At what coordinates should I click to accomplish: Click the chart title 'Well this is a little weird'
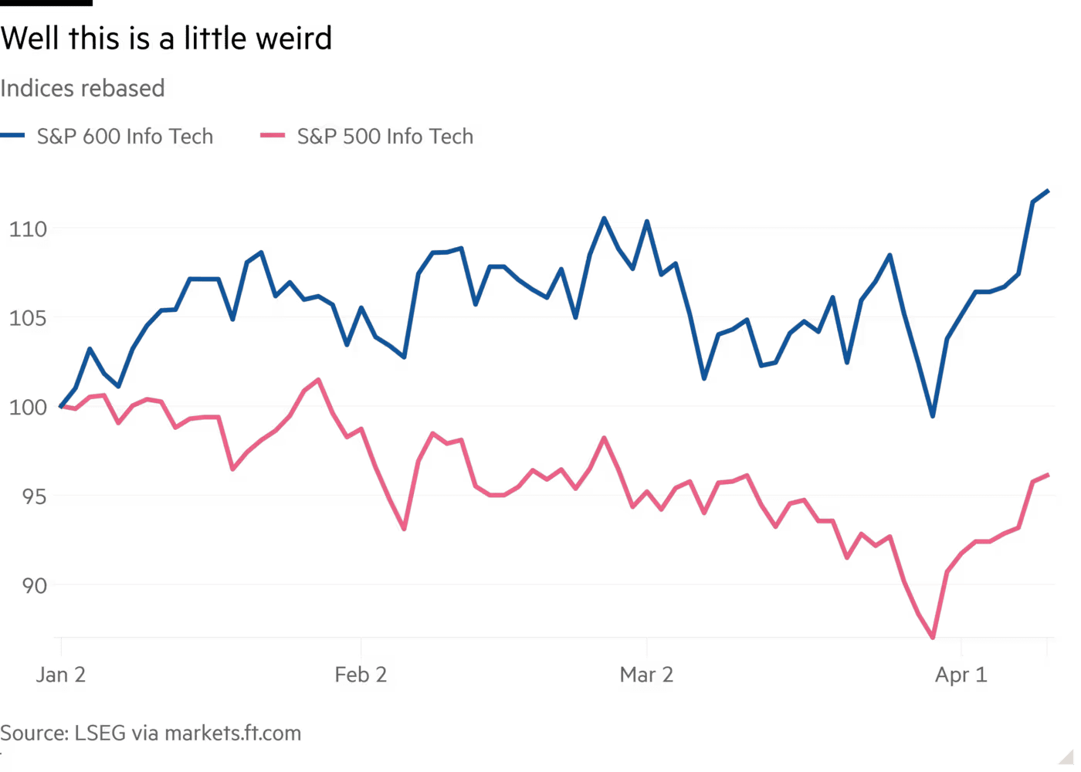coord(166,39)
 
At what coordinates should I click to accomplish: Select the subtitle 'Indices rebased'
coord(83,89)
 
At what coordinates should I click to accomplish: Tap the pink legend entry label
coord(385,137)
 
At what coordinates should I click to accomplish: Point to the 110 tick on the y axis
coord(27,229)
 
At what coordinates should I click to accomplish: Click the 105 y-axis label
coord(27,318)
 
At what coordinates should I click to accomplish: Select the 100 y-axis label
coord(27,407)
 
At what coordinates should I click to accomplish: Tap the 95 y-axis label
coord(34,496)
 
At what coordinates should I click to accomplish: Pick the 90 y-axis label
coord(34,586)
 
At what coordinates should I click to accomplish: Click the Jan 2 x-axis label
coord(62,676)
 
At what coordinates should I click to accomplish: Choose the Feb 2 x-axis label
coord(362,676)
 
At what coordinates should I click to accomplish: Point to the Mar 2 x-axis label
coord(647,676)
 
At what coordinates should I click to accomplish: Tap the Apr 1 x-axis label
coord(961,676)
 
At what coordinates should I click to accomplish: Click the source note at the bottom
coord(151,733)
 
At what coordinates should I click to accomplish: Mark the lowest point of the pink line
coord(934,638)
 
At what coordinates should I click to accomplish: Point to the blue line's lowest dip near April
coord(934,416)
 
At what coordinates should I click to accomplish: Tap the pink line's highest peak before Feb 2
coord(317,380)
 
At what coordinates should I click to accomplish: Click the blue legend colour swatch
coord(13,137)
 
